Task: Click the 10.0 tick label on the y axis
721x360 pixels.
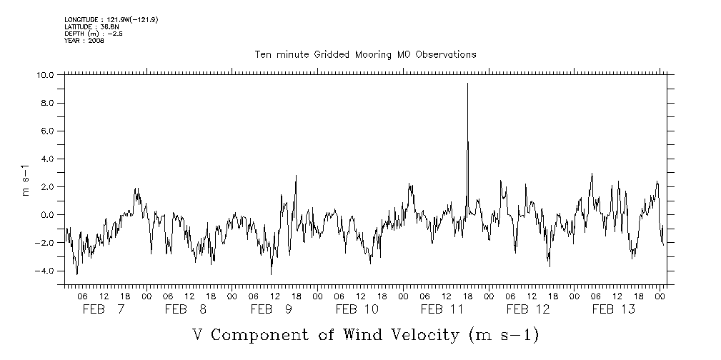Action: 45,75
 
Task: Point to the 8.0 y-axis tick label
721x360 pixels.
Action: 47,103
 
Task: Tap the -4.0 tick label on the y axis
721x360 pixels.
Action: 45,271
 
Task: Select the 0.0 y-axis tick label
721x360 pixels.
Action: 47,215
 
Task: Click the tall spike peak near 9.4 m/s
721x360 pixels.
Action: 467,84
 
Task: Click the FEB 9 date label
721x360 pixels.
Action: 272,309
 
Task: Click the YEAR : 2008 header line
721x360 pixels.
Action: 84,41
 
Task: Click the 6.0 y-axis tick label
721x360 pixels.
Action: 47,131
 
